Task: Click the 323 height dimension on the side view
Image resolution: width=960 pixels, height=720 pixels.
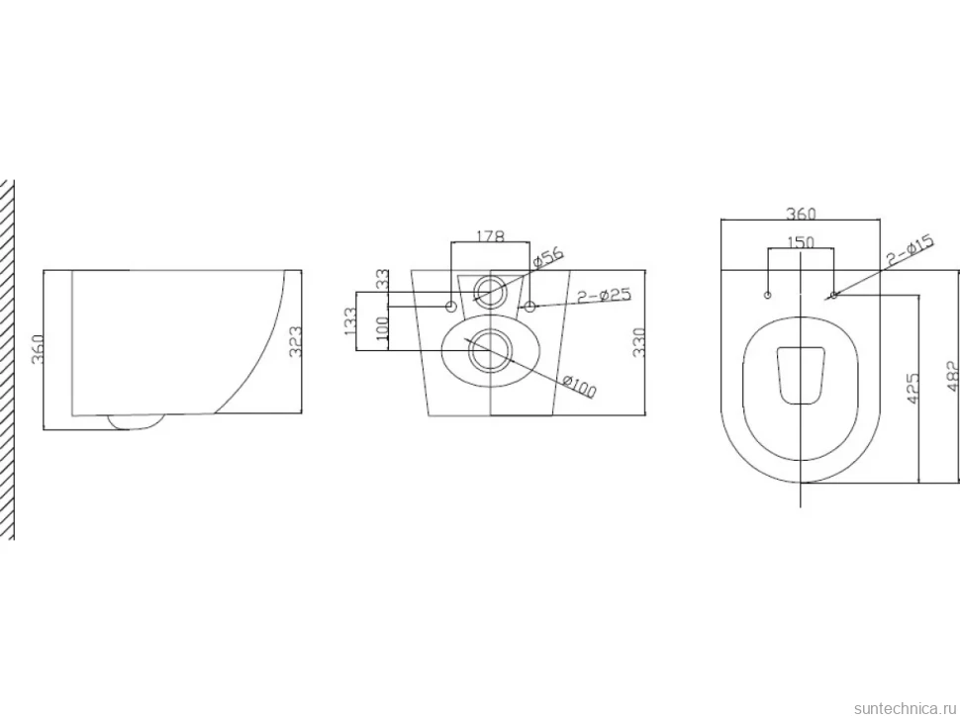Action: coord(295,342)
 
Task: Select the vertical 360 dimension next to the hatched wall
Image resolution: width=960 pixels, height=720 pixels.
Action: coord(38,349)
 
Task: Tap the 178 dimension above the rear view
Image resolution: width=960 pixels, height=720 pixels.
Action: coord(490,236)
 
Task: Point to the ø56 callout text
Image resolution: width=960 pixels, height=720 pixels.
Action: coord(548,258)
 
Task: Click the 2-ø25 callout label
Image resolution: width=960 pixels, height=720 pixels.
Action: coord(605,295)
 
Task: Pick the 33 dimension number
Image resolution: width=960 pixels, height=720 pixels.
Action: coord(382,279)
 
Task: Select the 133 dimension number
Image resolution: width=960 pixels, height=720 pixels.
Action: coord(350,320)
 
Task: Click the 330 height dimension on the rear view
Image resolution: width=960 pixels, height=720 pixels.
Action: coord(638,342)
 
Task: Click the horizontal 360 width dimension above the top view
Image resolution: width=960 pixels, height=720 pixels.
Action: coord(801,214)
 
